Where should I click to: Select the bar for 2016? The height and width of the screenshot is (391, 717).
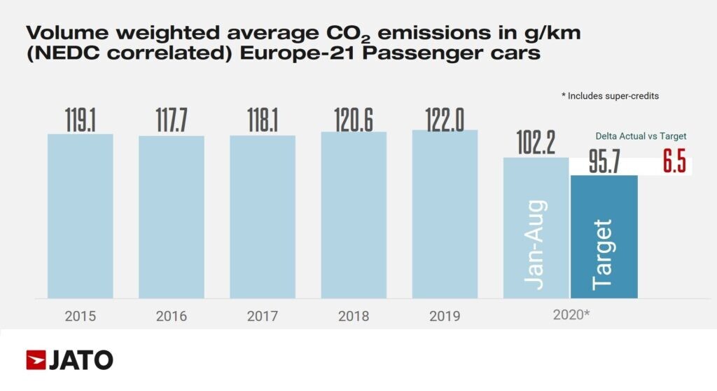click(x=172, y=217)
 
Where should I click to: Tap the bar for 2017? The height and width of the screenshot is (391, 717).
click(x=263, y=217)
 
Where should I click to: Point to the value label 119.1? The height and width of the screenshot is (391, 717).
click(x=80, y=121)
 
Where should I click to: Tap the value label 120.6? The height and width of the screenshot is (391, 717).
click(x=354, y=120)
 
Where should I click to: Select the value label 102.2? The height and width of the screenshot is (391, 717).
click(x=536, y=143)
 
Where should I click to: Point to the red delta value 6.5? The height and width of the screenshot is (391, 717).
click(x=674, y=162)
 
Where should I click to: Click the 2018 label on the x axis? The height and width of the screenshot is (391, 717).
click(x=354, y=316)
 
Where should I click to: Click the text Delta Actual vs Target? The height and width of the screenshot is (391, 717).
click(x=641, y=136)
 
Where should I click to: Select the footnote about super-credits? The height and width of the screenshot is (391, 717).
click(x=610, y=96)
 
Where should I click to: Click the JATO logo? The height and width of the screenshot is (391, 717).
click(x=69, y=359)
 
